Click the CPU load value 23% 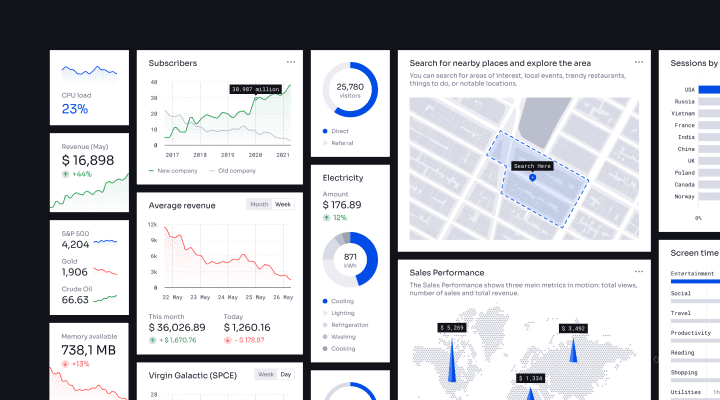click(x=75, y=109)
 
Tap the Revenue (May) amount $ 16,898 click(x=88, y=160)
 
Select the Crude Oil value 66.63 click(x=75, y=299)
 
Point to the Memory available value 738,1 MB click(x=89, y=350)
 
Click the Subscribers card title click(x=173, y=63)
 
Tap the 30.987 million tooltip click(x=255, y=89)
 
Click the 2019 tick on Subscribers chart click(x=228, y=155)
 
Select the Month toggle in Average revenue click(x=259, y=204)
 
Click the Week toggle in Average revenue click(x=284, y=204)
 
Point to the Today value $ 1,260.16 click(x=246, y=327)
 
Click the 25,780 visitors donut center click(x=349, y=91)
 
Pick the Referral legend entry click(x=339, y=143)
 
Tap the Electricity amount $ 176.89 click(x=342, y=205)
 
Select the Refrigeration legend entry click(x=349, y=325)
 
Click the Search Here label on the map click(x=532, y=166)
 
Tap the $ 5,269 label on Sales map click(x=452, y=328)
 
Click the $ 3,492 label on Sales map click(x=573, y=328)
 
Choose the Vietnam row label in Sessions click(x=683, y=113)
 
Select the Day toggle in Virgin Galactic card click(x=286, y=374)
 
